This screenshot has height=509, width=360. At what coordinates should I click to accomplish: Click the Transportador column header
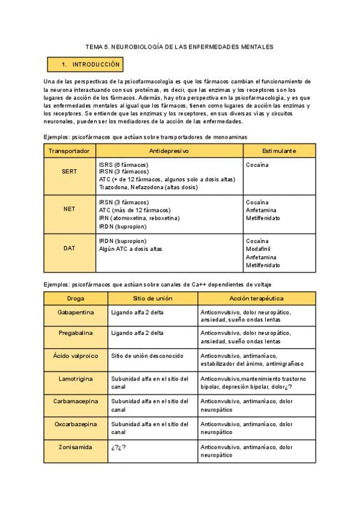tap(70, 151)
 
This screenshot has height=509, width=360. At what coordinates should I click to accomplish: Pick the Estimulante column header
tap(279, 151)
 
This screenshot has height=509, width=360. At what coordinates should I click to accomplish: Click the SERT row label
tap(70, 171)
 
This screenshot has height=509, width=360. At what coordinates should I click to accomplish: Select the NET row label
tap(70, 210)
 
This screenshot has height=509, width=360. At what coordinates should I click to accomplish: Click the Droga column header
tap(76, 298)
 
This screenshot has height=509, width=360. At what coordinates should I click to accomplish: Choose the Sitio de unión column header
tap(152, 298)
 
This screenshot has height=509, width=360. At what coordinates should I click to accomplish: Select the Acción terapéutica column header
tap(256, 298)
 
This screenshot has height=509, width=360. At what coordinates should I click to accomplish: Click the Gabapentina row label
tap(76, 313)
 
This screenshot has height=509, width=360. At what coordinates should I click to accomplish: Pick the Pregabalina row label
tap(76, 333)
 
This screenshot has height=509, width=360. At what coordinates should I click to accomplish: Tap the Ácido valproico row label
tap(76, 355)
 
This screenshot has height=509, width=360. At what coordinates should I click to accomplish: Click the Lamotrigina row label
tap(76, 379)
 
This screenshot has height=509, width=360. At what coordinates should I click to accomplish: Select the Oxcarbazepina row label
tap(76, 424)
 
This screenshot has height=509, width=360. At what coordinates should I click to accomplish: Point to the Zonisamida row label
tap(76, 447)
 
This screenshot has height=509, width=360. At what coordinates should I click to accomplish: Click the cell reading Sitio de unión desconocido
tap(147, 355)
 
